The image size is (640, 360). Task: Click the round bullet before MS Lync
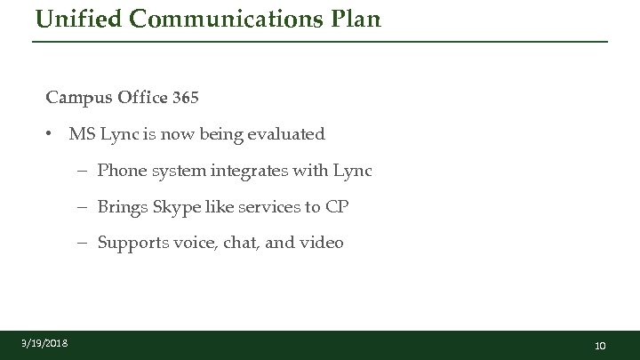tap(52, 134)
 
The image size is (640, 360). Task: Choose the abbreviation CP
tap(337, 207)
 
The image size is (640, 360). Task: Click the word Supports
tap(134, 243)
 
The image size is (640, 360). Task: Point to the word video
tap(322, 243)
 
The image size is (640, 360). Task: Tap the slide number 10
tap(600, 345)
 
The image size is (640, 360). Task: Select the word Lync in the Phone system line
tap(352, 171)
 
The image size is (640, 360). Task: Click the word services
tap(266, 207)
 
